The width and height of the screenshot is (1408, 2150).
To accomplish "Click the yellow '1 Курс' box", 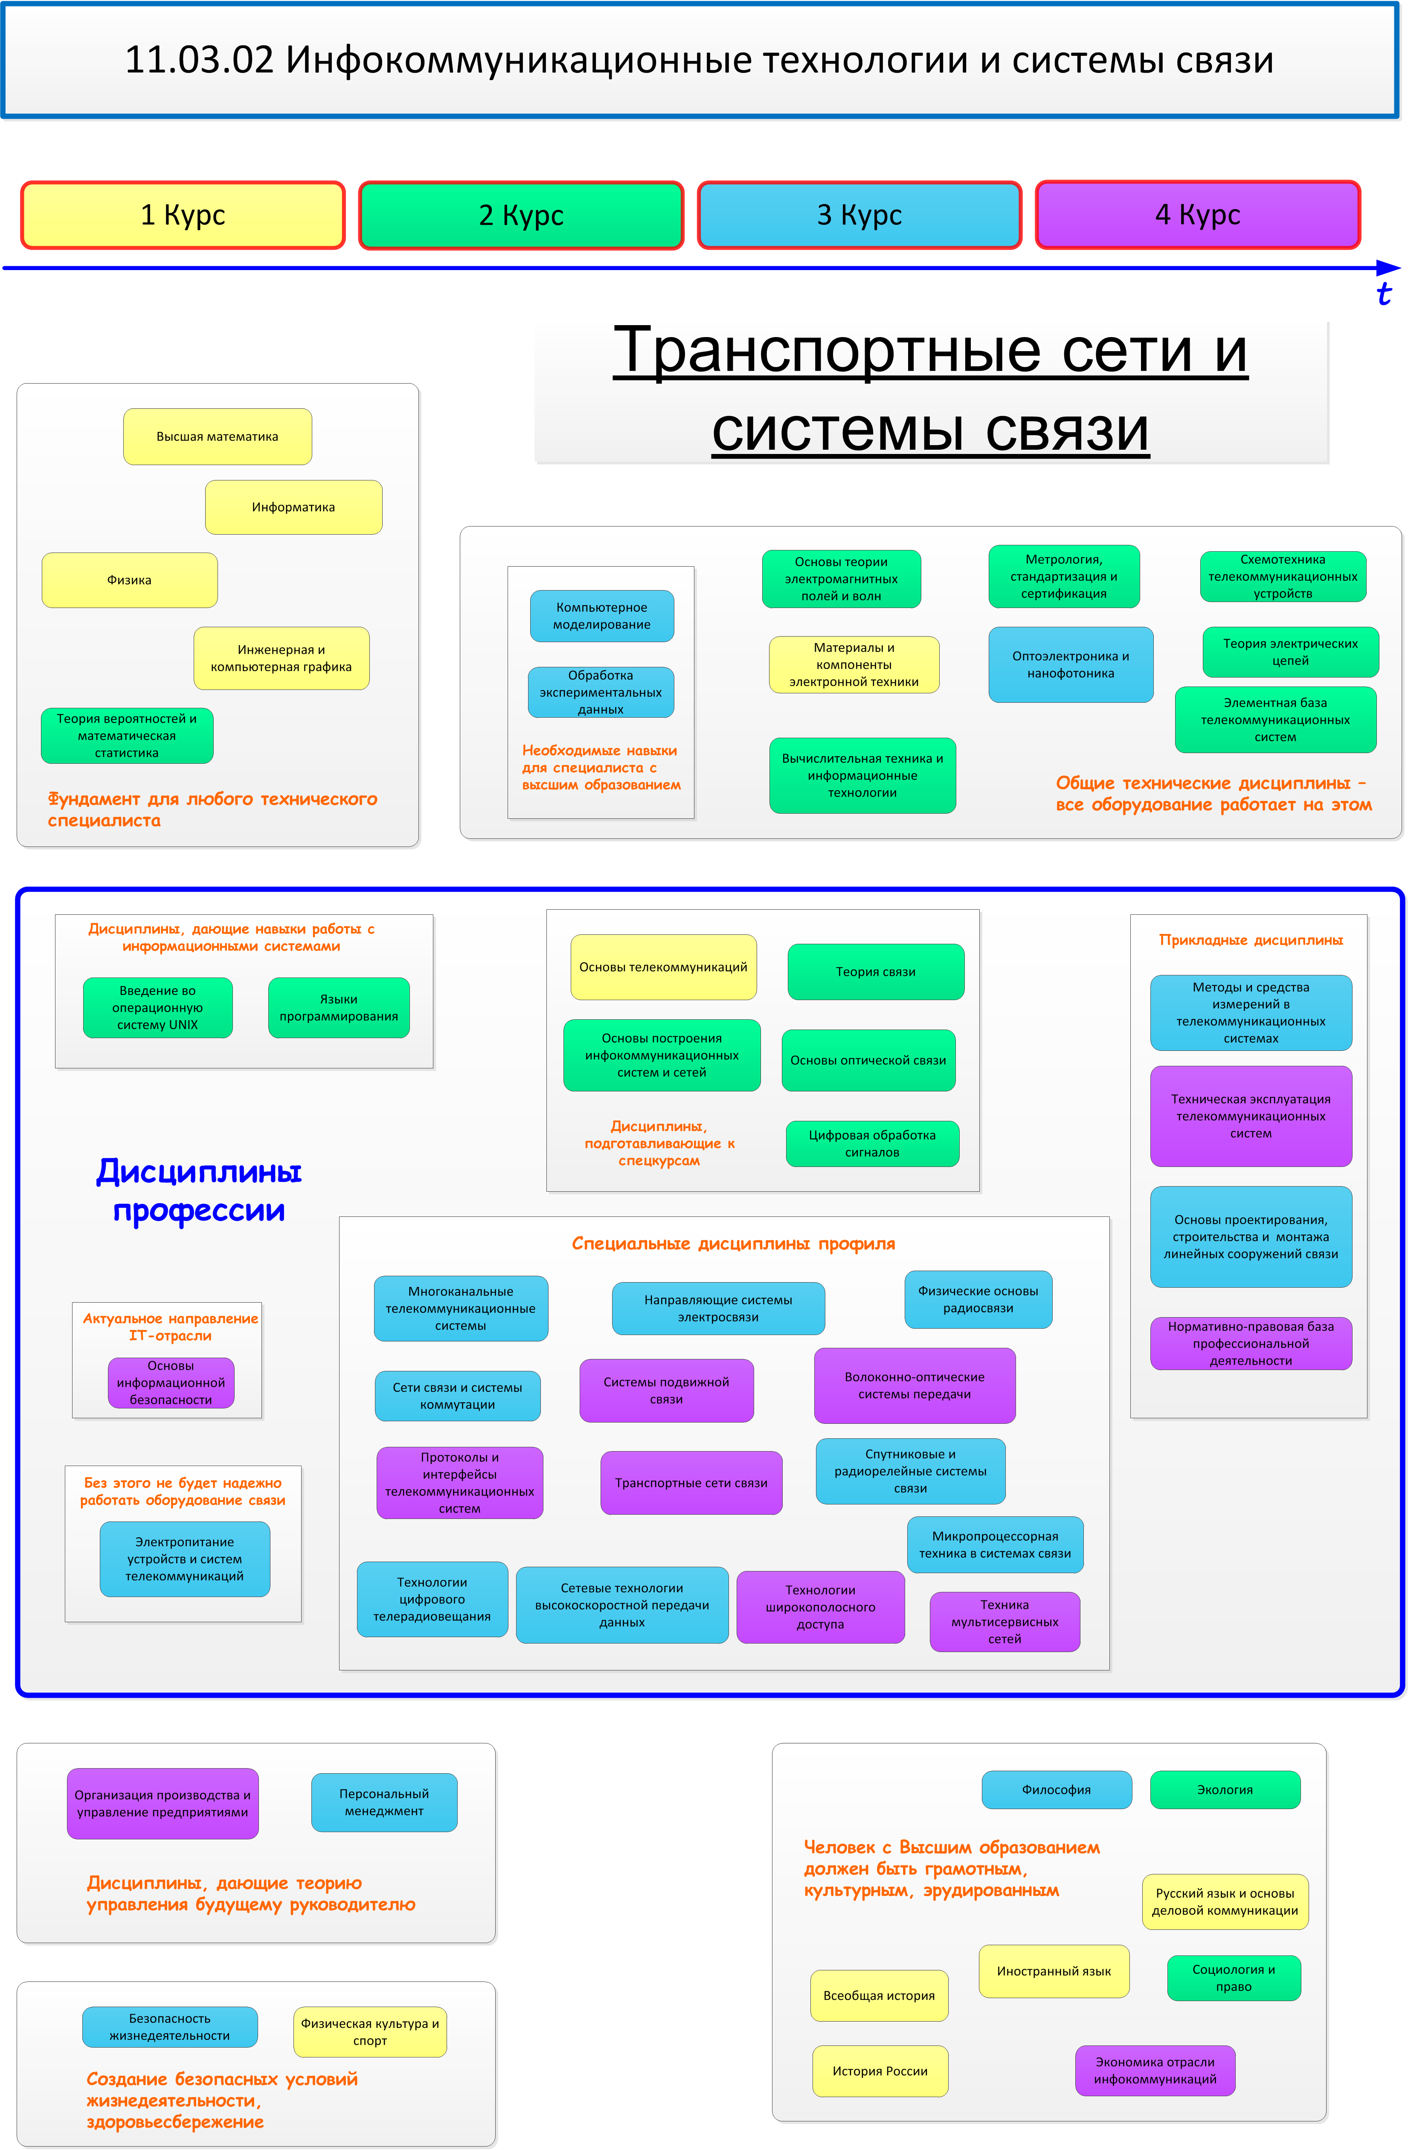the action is [183, 215].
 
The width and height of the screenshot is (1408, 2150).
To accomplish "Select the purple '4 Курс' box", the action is [1198, 215].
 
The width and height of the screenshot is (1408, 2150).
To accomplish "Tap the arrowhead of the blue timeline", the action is [1389, 268].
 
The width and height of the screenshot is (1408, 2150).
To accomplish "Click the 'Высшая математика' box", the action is [218, 436].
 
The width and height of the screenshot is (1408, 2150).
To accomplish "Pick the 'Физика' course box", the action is [129, 580].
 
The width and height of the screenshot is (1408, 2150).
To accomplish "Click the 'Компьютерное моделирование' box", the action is [601, 616].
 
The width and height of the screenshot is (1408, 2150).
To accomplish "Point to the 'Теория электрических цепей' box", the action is [1291, 652].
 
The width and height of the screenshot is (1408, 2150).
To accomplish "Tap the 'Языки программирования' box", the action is [339, 1007].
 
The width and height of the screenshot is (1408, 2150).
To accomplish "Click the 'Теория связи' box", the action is [876, 972].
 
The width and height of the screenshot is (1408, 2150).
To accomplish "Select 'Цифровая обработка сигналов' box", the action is [872, 1143].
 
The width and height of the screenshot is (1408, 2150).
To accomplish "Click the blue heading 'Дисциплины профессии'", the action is [199, 1191].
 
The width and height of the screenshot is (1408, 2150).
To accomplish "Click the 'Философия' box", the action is [1057, 1789].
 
